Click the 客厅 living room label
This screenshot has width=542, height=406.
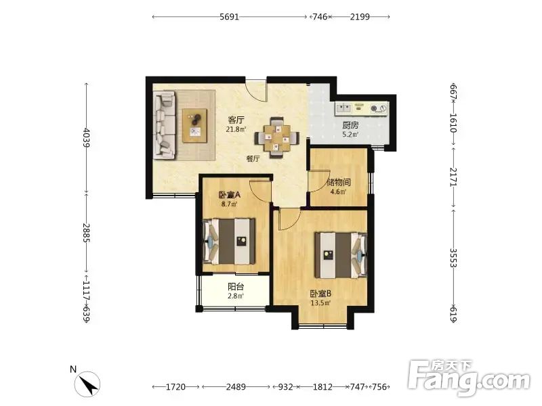(236, 120)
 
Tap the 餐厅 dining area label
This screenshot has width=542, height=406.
(253, 159)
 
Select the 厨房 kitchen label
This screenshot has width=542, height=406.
(350, 125)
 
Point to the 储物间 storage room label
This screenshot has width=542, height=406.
(338, 182)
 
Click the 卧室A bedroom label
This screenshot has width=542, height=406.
(230, 195)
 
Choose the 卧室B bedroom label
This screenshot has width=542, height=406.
(320, 294)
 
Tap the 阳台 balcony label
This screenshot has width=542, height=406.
(236, 286)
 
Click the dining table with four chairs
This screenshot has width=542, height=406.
(277, 138)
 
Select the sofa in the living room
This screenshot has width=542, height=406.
(165, 125)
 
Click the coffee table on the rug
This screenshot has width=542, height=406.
(195, 125)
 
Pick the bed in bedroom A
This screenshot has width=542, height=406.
(230, 242)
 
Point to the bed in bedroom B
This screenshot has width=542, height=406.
(341, 255)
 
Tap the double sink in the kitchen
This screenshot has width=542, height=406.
(343, 108)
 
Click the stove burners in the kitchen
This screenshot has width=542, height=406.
(378, 108)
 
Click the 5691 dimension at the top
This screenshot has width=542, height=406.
(229, 16)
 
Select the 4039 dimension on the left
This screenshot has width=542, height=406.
(87, 138)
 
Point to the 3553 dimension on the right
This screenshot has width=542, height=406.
(453, 258)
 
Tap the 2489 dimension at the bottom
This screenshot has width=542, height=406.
(236, 387)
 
